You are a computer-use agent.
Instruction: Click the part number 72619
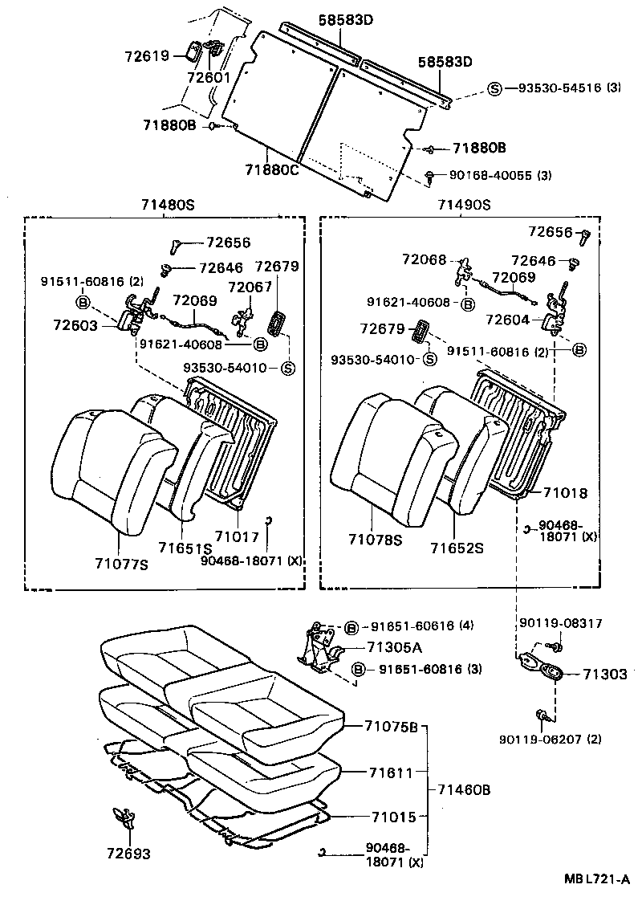146,56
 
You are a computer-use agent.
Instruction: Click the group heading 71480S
165,206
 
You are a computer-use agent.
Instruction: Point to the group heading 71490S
464,206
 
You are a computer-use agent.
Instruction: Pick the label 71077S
122,565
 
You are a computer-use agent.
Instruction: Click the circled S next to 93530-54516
494,88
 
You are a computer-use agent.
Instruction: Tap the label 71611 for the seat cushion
391,772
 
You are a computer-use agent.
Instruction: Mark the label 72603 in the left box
77,325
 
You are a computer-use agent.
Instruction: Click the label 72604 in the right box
509,320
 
